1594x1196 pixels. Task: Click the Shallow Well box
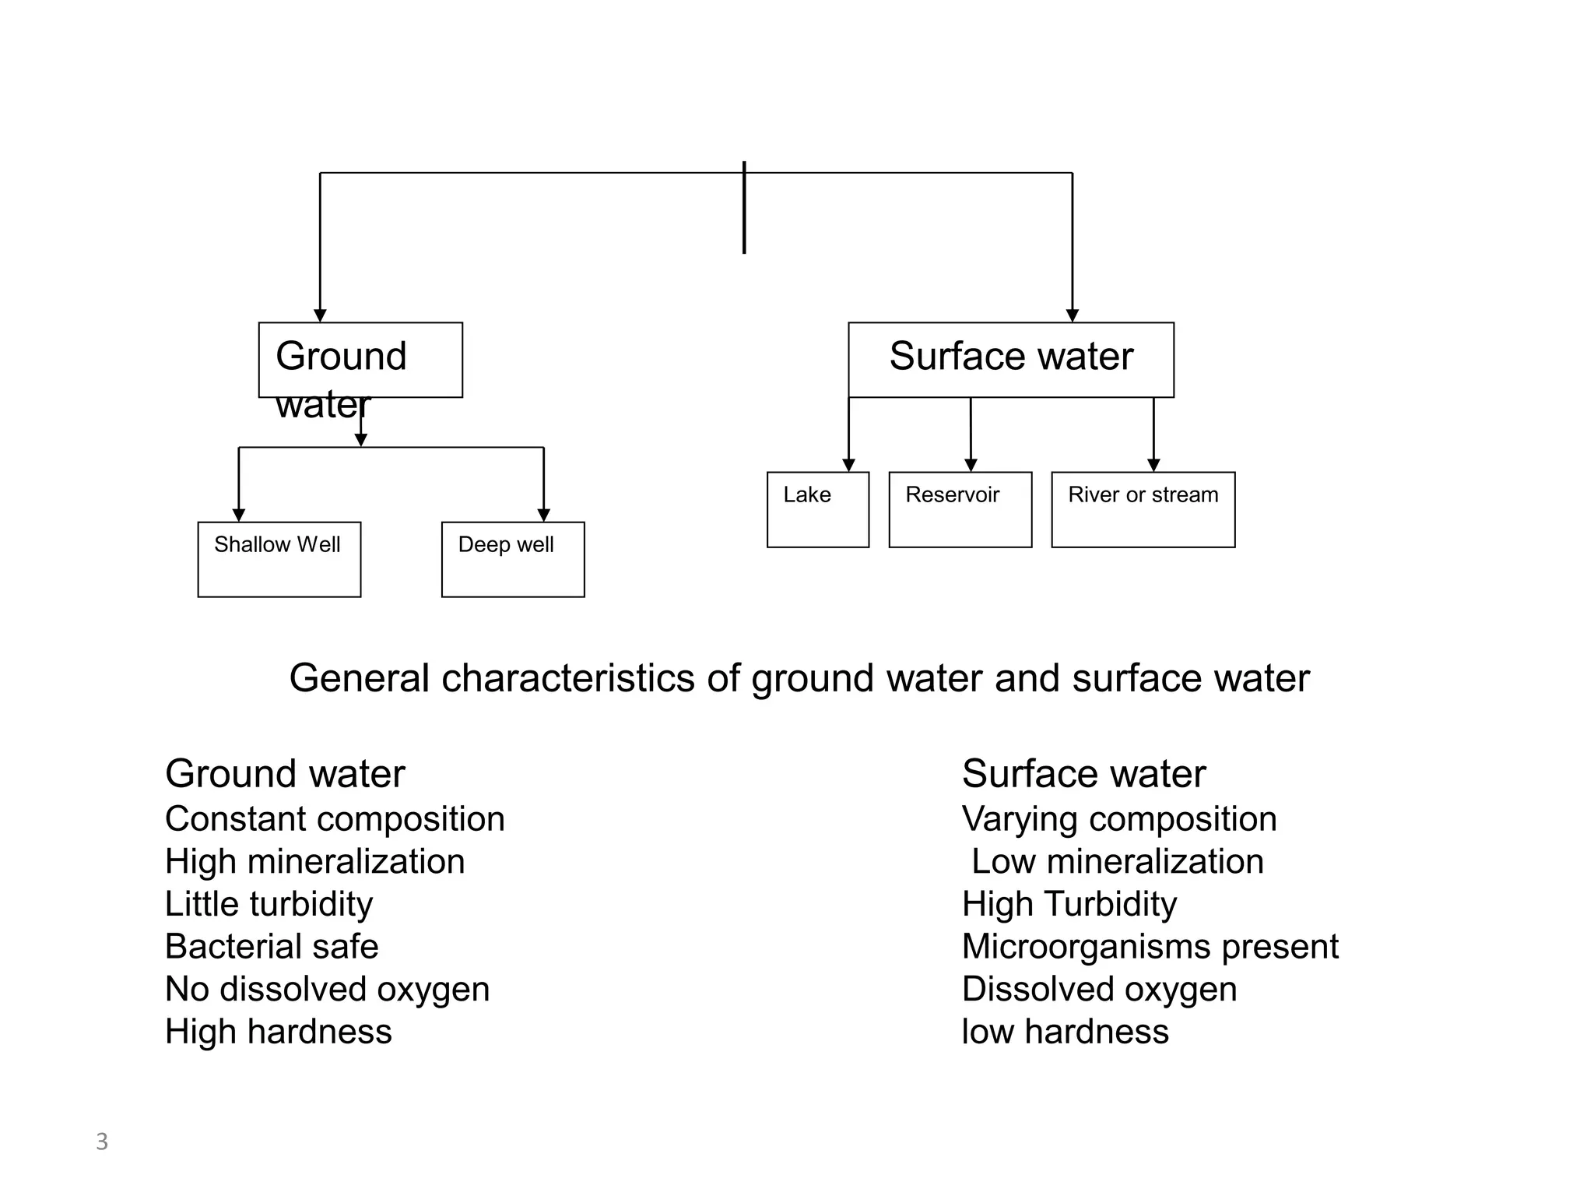[x=279, y=559]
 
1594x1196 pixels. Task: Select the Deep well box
[x=512, y=559]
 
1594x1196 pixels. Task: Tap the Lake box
[x=817, y=509]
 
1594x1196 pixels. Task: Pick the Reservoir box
[x=960, y=509]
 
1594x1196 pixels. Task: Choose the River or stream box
[x=1143, y=509]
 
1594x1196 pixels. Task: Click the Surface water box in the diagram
[x=1010, y=359]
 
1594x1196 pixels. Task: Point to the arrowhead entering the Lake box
[x=848, y=465]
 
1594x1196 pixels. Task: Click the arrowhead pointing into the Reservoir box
[x=971, y=465]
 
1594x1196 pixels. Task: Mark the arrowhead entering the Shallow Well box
[x=239, y=515]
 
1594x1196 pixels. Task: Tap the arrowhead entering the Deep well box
[x=543, y=515]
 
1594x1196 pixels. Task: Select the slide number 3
[x=102, y=1141]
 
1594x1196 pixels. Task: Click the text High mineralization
[x=314, y=862]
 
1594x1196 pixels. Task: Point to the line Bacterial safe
[x=272, y=947]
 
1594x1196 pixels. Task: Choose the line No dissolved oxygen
[x=327, y=990]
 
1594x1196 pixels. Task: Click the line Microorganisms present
[x=1150, y=947]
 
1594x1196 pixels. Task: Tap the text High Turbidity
[x=1069, y=905]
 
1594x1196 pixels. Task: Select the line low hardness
[x=1065, y=1032]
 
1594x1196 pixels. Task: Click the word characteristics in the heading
[x=567, y=678]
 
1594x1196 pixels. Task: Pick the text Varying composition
[x=1118, y=819]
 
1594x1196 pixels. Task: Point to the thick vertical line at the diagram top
[x=744, y=207]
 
